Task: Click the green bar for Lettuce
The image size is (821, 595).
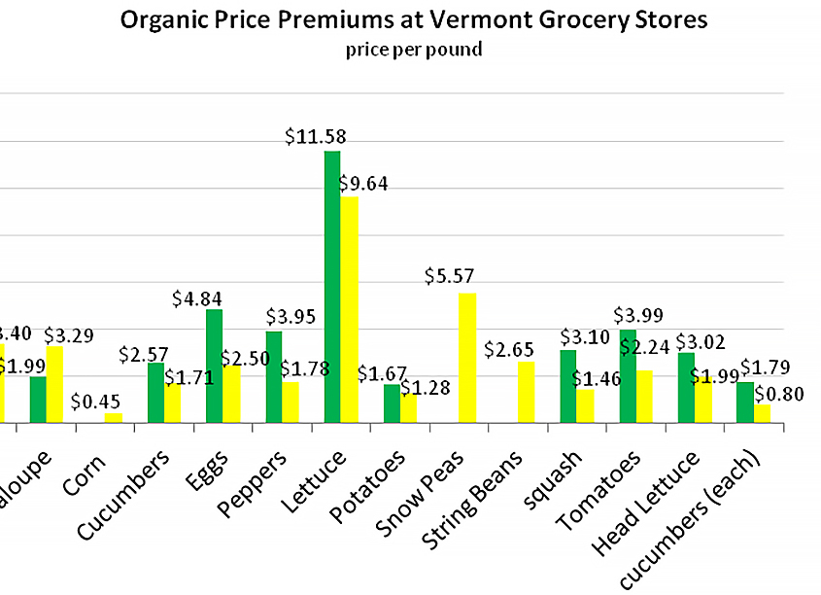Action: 332,287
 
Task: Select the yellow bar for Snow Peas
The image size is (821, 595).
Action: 466,358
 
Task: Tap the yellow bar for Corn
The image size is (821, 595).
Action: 114,418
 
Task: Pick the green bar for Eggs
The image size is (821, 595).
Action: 214,366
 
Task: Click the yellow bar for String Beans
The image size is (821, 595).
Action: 526,392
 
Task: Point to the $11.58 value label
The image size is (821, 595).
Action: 316,137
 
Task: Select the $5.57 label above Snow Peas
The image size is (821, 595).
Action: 449,276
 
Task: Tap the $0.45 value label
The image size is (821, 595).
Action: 96,401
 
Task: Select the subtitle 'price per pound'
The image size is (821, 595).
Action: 413,50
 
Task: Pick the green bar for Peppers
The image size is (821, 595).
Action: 274,377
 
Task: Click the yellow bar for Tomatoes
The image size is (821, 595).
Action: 645,397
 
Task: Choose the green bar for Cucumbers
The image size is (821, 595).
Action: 155,393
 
